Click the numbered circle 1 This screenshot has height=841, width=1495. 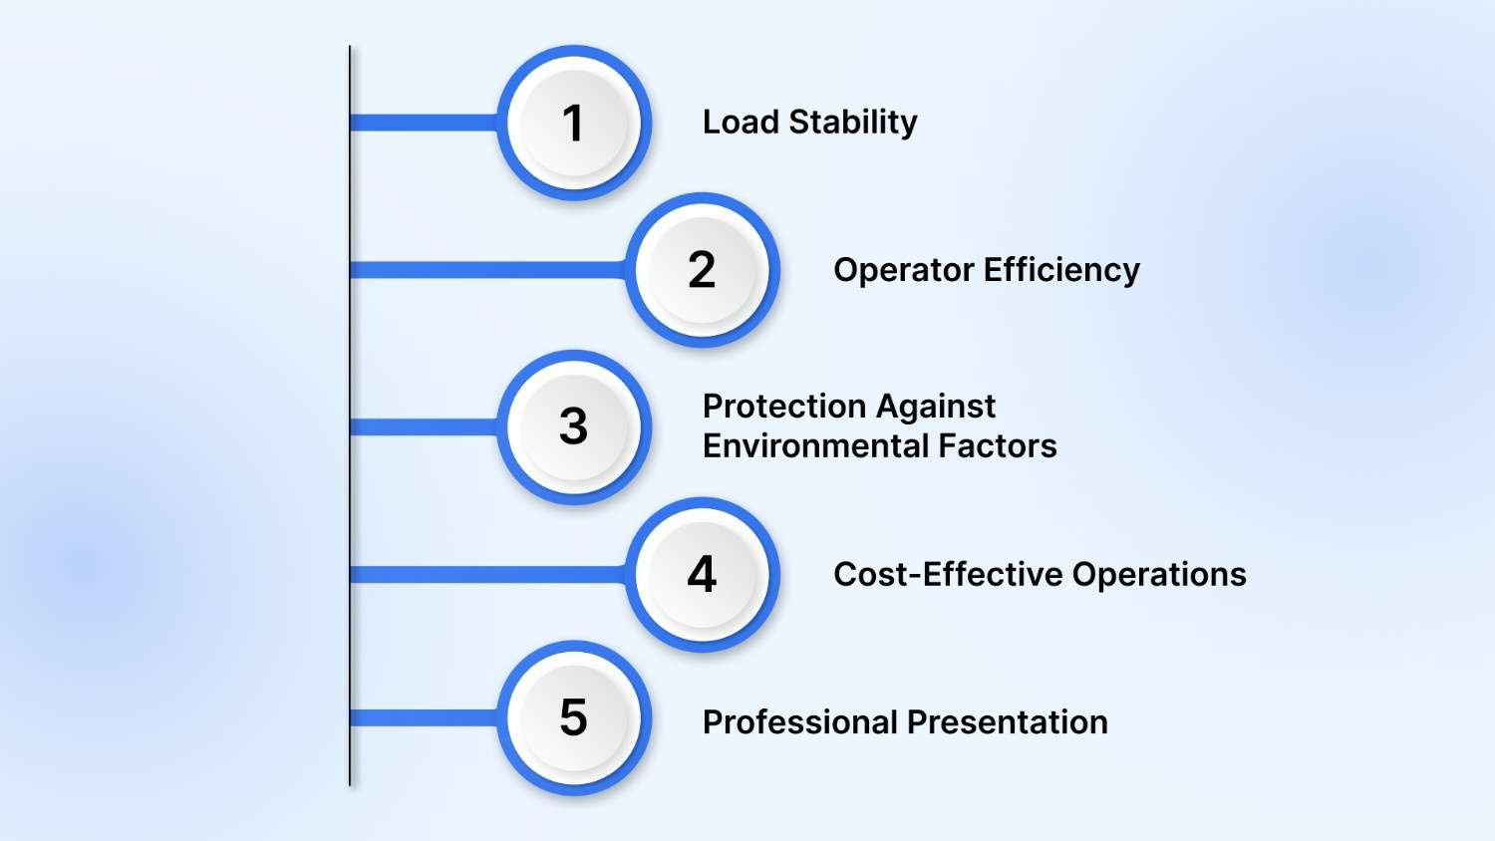[x=573, y=123]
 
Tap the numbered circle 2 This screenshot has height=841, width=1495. [x=702, y=270]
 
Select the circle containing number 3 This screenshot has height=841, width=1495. [x=573, y=426]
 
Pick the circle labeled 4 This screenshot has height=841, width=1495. [x=702, y=574]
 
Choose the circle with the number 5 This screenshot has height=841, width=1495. [x=573, y=717]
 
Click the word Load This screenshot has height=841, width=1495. [x=741, y=122]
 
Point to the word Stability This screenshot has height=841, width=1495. [x=853, y=122]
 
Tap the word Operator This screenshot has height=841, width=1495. [x=904, y=270]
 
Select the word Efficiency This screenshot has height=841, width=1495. [x=1062, y=270]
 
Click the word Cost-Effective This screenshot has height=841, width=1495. [x=948, y=574]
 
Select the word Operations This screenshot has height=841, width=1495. [x=1159, y=574]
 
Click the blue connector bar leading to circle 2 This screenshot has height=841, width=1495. [x=488, y=270]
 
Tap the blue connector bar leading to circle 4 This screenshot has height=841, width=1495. [x=488, y=574]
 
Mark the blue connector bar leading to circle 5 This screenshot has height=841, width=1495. [x=424, y=717]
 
